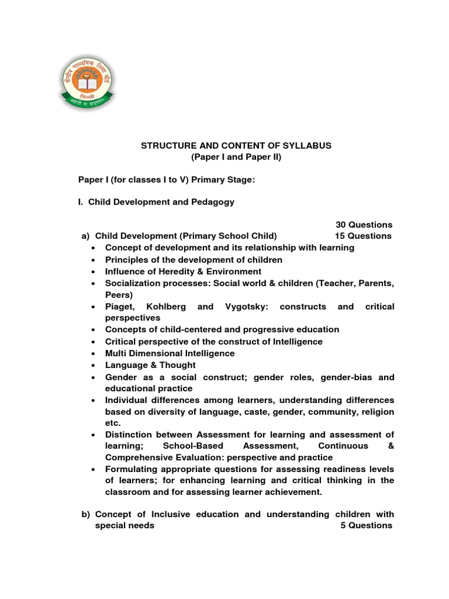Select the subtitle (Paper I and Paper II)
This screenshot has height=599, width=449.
pos(236,157)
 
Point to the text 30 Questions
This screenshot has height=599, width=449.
pos(364,225)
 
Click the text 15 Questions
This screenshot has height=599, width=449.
pos(363,236)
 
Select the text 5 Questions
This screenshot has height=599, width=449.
pos(366,525)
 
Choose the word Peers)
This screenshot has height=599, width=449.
pos(119,295)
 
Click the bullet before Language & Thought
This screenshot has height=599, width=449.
pos(94,366)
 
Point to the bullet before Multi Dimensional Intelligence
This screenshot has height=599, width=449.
pos(94,354)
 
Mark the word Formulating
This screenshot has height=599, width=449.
pos(132,469)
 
